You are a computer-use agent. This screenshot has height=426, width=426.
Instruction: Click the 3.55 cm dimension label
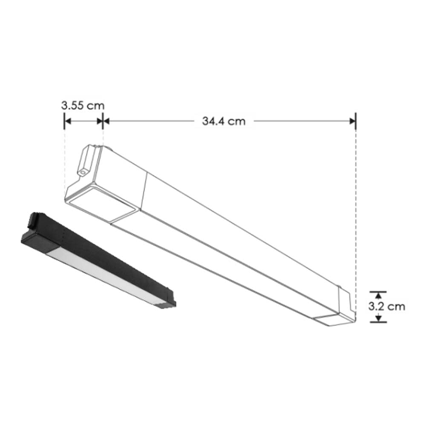(x=83, y=105)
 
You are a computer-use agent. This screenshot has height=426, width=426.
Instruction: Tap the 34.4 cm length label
(x=224, y=121)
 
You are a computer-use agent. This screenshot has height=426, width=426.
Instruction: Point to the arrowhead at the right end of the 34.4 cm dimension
(x=352, y=121)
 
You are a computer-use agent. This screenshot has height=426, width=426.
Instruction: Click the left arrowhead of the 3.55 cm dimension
(x=67, y=121)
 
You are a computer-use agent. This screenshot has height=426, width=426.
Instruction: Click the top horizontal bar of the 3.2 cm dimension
(x=378, y=291)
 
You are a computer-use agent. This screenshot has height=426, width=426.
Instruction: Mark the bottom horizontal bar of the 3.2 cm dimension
(x=378, y=322)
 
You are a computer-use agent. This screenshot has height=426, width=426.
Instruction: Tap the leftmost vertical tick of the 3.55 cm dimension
(x=64, y=121)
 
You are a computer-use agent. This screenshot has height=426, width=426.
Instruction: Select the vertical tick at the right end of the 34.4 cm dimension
(x=356, y=121)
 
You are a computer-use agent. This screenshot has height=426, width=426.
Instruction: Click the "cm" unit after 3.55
(x=96, y=105)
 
